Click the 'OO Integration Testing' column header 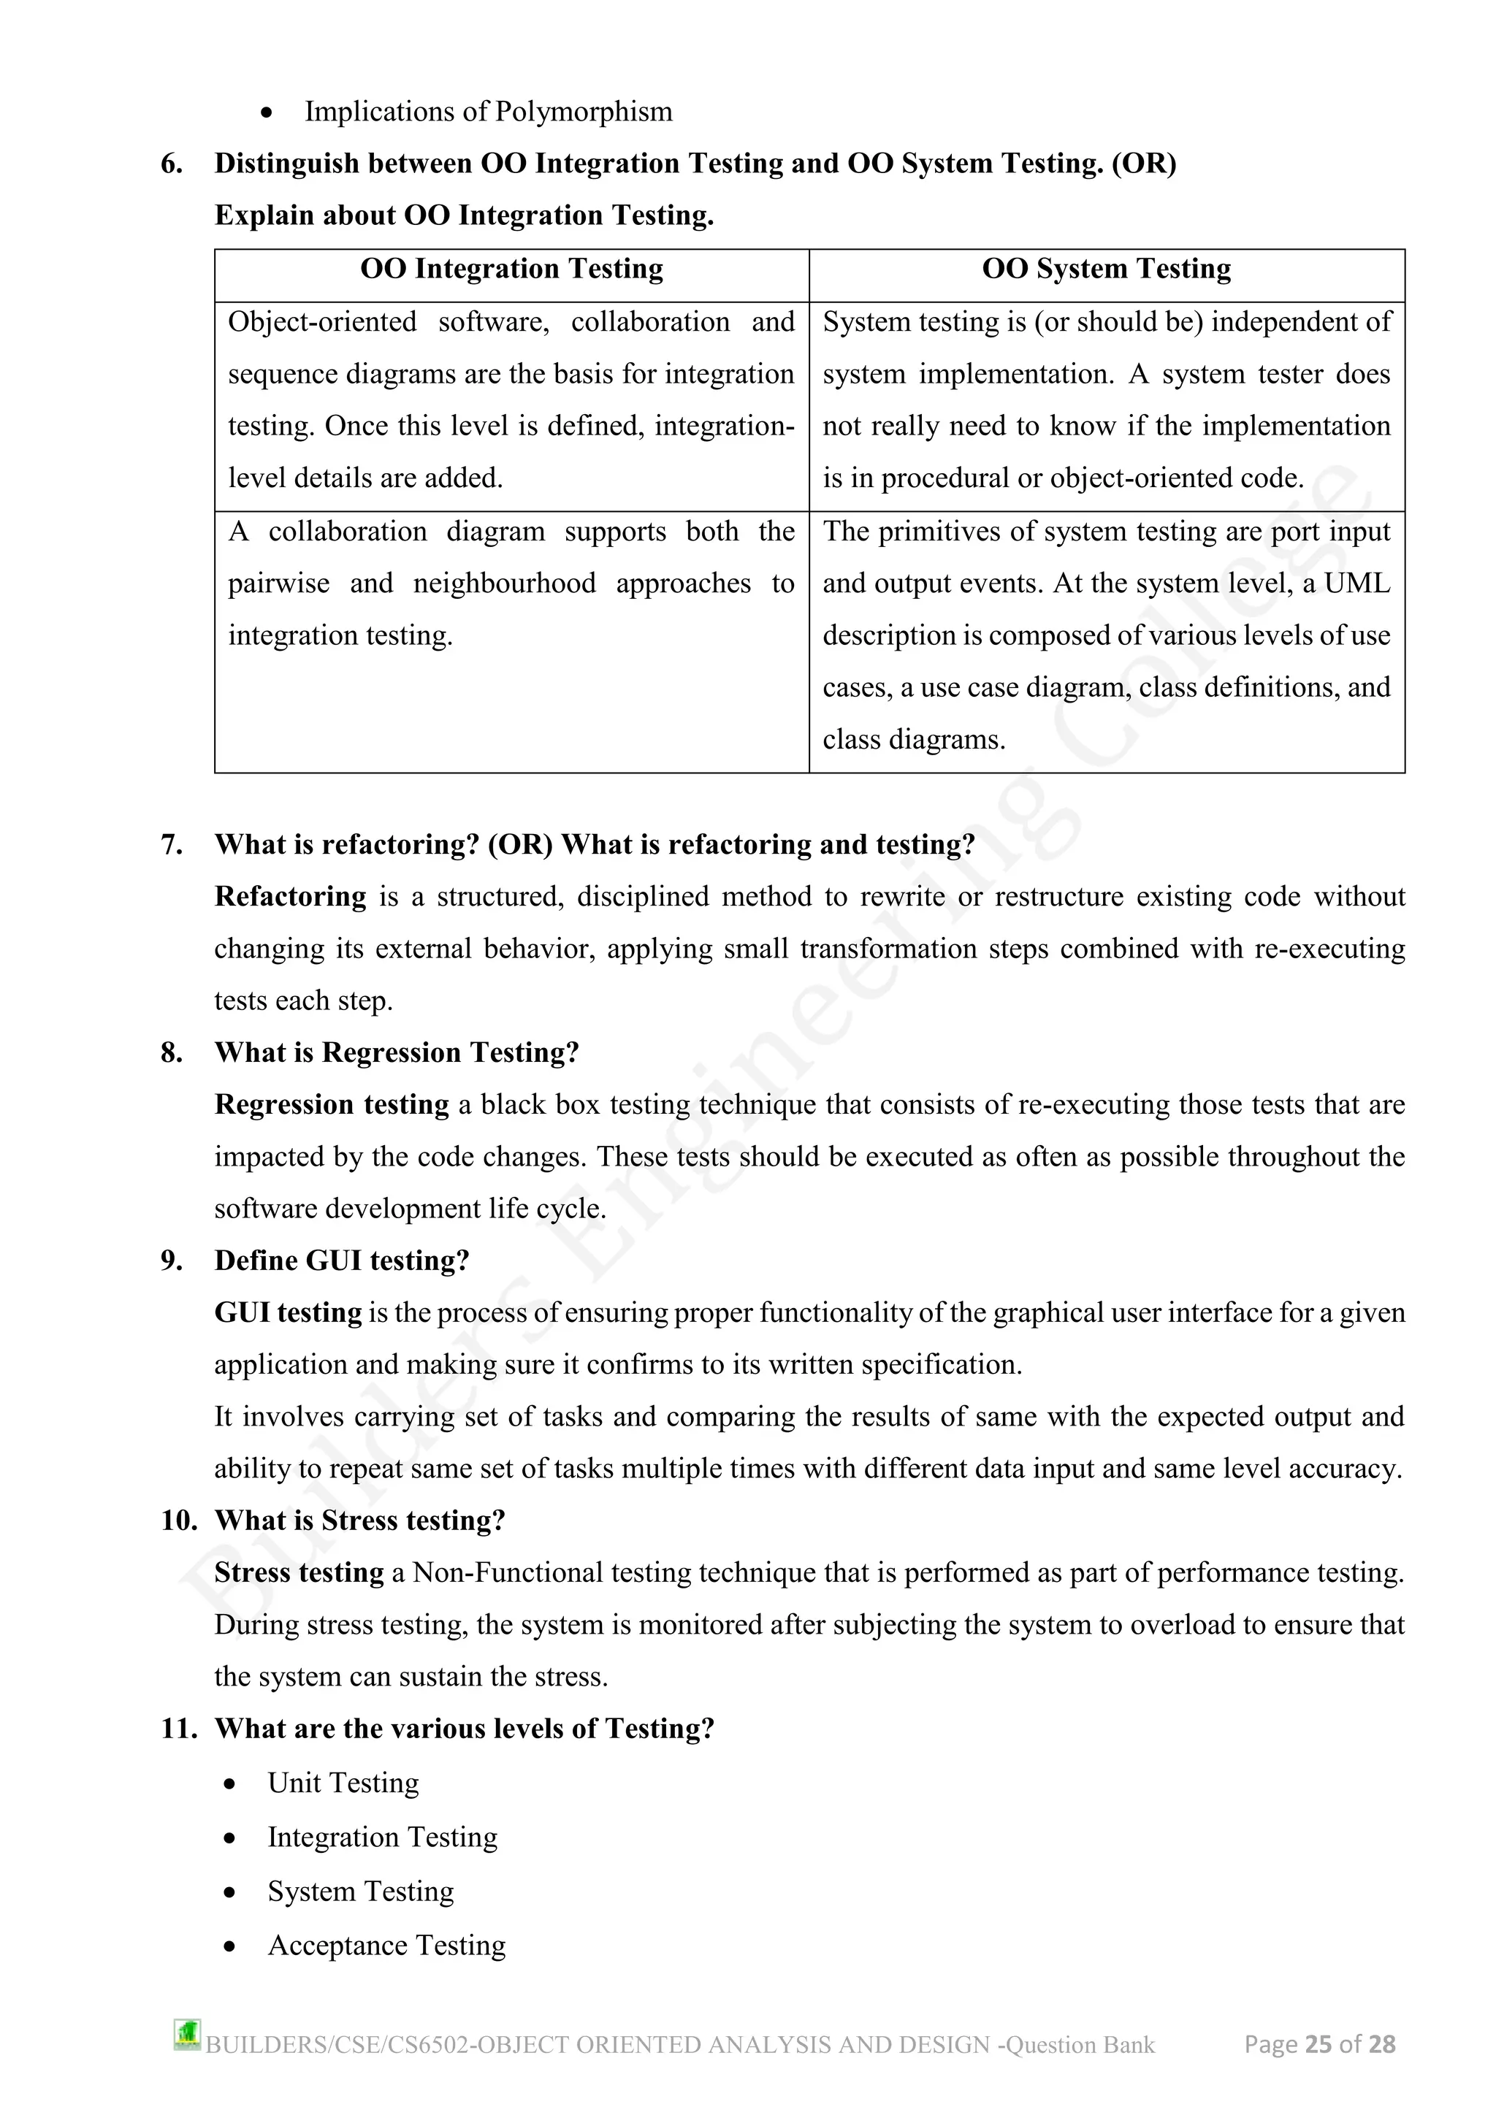coord(511,269)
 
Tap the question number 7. coord(172,845)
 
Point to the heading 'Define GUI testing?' coord(342,1261)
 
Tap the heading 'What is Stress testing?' coord(359,1521)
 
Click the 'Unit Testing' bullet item coord(343,1783)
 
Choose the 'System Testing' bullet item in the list coord(360,1891)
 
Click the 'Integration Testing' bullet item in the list coord(382,1837)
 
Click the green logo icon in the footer coord(187,2034)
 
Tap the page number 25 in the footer coord(1318,2044)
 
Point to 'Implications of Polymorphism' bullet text coord(488,112)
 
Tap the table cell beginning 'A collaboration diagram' coord(511,584)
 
